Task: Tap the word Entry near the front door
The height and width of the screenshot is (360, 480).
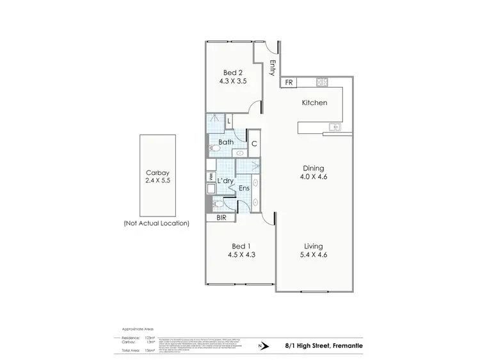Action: (x=273, y=67)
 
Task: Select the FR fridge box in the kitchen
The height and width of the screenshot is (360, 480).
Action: (x=289, y=83)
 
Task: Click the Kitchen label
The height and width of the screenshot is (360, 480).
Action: (x=314, y=102)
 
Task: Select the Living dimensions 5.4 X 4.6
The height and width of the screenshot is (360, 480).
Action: (x=314, y=255)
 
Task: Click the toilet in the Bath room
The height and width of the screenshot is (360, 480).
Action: (x=214, y=149)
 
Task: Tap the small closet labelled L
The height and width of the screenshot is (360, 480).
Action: (x=228, y=120)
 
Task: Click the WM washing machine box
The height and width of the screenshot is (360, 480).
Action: (x=210, y=176)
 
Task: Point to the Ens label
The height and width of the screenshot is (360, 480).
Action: (x=244, y=188)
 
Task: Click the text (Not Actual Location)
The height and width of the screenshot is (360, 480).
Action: (x=157, y=224)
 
